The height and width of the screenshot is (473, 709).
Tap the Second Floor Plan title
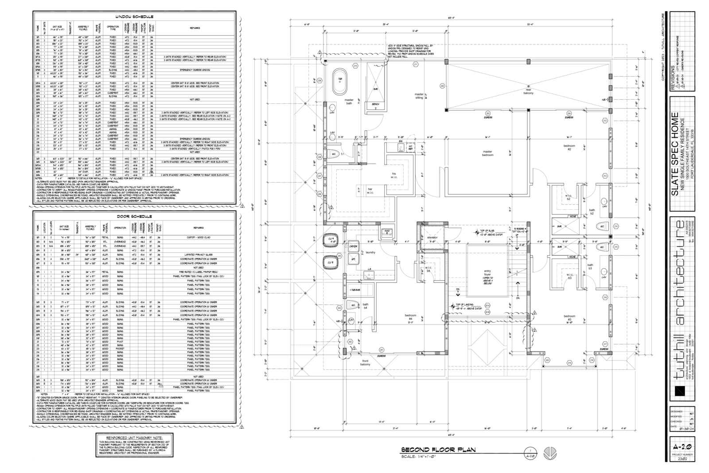[x=438, y=450]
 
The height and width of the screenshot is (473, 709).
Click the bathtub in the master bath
[x=340, y=82]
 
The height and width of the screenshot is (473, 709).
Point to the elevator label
[x=432, y=238]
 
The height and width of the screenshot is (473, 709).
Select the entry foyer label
[x=487, y=275]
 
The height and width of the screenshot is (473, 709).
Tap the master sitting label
[x=419, y=96]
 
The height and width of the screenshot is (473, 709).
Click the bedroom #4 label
[x=410, y=317]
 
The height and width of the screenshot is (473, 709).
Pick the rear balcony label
[x=528, y=91]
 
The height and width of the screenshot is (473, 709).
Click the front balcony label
[x=365, y=363]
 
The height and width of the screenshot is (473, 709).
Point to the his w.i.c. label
[x=394, y=175]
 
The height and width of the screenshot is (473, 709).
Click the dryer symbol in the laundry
[x=353, y=246]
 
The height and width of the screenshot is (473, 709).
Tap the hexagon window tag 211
[x=416, y=65]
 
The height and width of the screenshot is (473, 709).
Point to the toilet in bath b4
[x=353, y=305]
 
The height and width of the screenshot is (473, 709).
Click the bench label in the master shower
[x=376, y=104]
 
